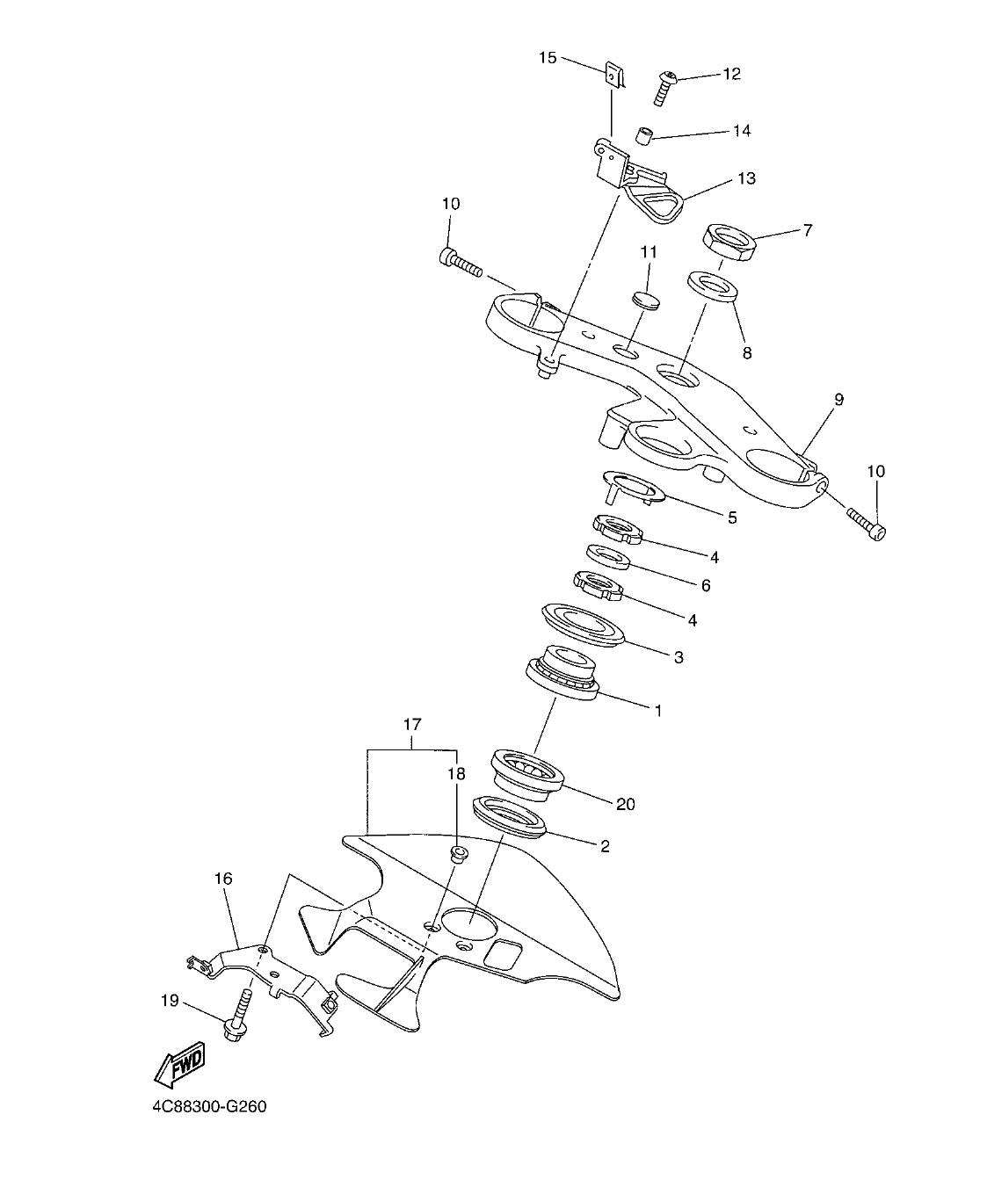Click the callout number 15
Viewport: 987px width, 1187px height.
point(548,58)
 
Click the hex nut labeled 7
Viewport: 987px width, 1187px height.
point(729,242)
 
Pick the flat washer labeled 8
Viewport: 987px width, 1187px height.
point(711,287)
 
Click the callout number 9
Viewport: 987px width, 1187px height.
point(838,400)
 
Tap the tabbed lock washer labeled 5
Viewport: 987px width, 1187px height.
point(631,486)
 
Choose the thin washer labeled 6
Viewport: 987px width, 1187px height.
point(606,556)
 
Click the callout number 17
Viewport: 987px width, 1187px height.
point(412,725)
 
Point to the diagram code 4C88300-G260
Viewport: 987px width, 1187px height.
point(209,1106)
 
